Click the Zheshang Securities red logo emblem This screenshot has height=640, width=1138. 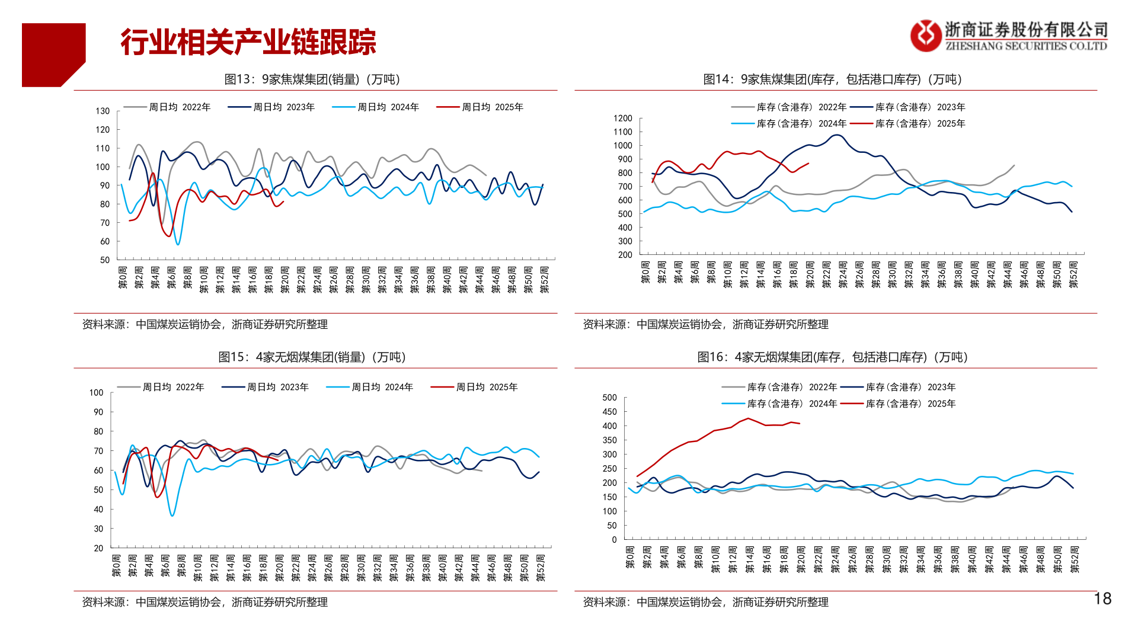(925, 36)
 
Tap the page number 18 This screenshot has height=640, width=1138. (1102, 599)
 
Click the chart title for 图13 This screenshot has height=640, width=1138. (312, 79)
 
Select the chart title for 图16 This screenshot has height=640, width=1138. (832, 357)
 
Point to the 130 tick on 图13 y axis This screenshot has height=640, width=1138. (103, 111)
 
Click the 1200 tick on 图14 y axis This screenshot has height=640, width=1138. (622, 119)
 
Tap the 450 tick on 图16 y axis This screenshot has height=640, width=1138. (609, 412)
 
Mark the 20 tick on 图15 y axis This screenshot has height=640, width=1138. (98, 548)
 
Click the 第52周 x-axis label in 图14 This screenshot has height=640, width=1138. (1073, 275)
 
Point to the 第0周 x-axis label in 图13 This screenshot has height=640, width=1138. (123, 278)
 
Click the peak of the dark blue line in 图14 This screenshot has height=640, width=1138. (836, 135)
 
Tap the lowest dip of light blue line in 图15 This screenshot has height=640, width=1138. (172, 516)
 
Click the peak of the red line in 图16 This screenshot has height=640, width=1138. (749, 418)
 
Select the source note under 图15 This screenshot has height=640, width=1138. (204, 602)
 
